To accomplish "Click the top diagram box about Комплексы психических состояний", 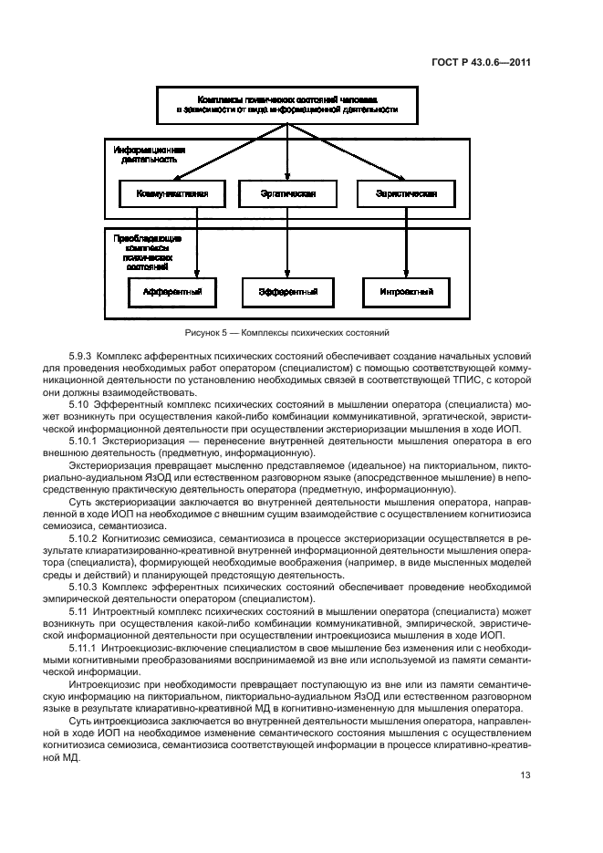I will pos(288,105).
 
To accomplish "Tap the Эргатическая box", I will pos(287,193).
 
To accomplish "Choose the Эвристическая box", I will pos(404,193).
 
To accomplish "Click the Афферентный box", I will pos(172,292).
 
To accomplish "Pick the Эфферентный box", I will pos(287,292).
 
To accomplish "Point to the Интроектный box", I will pos(404,292).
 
